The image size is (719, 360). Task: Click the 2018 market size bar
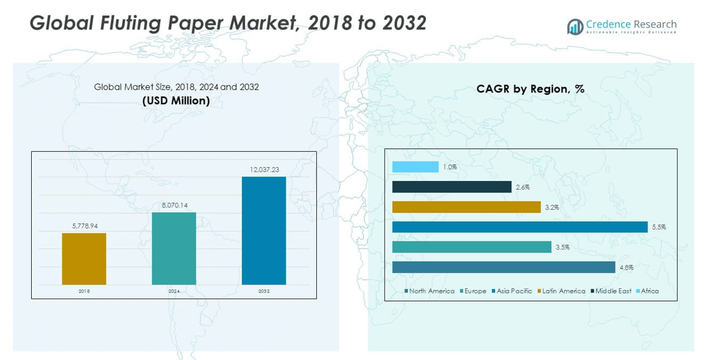pyautogui.click(x=84, y=259)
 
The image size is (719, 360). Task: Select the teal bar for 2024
pyautogui.click(x=174, y=248)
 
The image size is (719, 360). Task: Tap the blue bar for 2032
pyautogui.click(x=264, y=231)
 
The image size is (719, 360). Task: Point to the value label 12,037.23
pyautogui.click(x=264, y=170)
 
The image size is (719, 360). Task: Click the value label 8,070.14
pyautogui.click(x=174, y=205)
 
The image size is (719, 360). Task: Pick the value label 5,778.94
pyautogui.click(x=84, y=226)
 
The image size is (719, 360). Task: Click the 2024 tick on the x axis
pyautogui.click(x=174, y=291)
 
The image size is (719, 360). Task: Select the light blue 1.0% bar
pyautogui.click(x=415, y=167)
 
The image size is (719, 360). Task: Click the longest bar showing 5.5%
pyautogui.click(x=520, y=227)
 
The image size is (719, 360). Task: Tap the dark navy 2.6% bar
pyautogui.click(x=452, y=187)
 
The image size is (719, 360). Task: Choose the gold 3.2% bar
pyautogui.click(x=466, y=207)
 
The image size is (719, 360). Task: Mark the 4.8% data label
pyautogui.click(x=626, y=268)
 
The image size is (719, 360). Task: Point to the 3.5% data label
pyautogui.click(x=562, y=248)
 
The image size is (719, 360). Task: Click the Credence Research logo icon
pyautogui.click(x=574, y=26)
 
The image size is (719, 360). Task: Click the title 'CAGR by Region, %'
pyautogui.click(x=530, y=89)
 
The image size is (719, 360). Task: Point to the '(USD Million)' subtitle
pyautogui.click(x=176, y=100)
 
